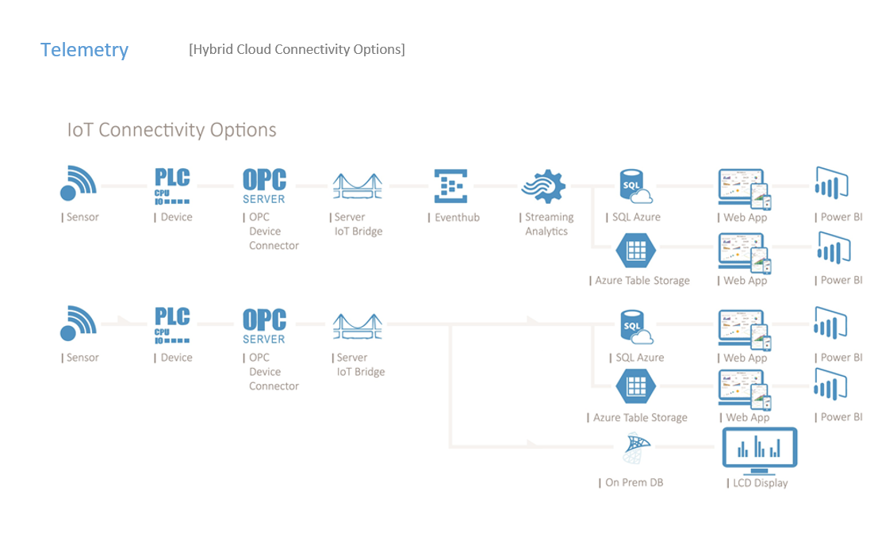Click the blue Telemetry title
(84, 50)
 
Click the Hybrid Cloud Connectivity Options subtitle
(297, 49)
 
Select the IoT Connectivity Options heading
(171, 130)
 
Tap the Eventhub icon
(451, 186)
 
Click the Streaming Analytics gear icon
(543, 187)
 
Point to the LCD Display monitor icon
(759, 450)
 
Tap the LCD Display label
(758, 482)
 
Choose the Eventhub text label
(456, 217)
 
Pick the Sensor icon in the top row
(79, 183)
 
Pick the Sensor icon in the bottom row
(79, 324)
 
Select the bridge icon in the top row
(356, 187)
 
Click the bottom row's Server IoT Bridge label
(359, 365)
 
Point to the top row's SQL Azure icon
(634, 186)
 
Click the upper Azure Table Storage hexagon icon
(636, 251)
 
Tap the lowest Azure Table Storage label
(640, 417)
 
